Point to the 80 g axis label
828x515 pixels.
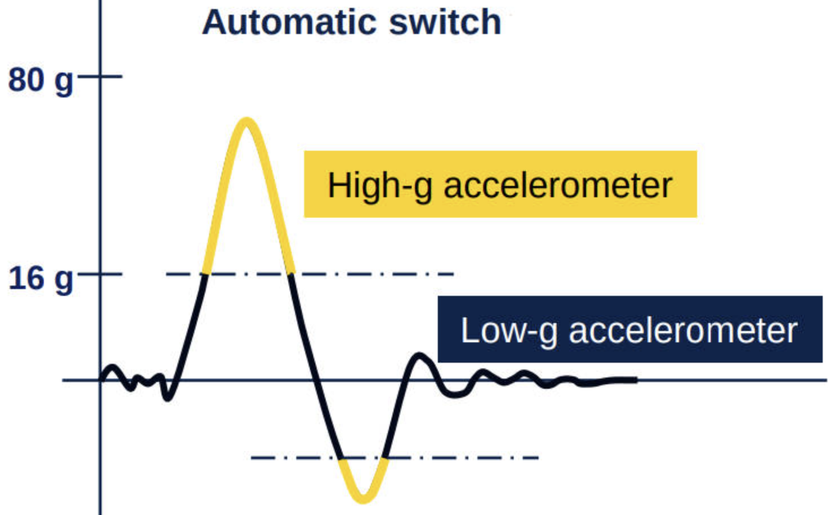40,79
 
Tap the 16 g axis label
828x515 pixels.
40,278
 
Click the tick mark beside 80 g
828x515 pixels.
99,77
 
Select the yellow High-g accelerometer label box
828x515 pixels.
500,184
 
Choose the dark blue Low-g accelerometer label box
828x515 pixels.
629,330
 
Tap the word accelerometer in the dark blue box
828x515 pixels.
684,331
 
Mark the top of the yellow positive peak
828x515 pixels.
245,120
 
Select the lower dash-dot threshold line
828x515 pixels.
460,458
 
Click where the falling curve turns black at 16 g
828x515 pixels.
291,274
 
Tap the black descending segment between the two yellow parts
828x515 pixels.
313,368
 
